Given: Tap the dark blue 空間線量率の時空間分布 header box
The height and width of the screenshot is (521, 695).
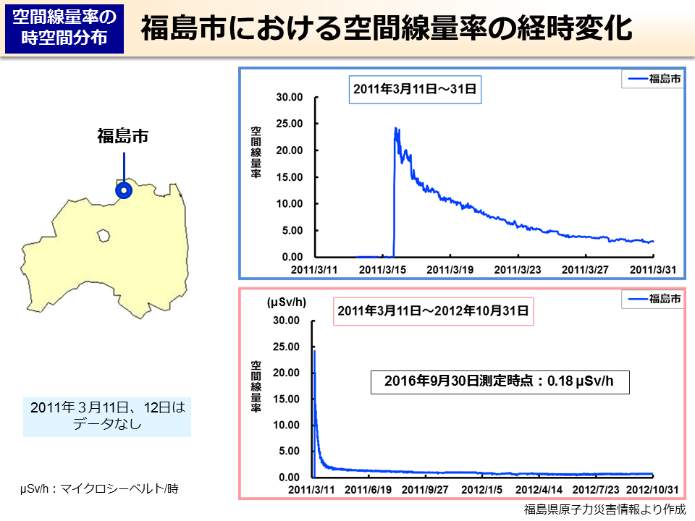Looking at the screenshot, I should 64,29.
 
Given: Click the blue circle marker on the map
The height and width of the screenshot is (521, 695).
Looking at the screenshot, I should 124,191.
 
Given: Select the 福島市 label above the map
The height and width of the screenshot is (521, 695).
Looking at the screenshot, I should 123,135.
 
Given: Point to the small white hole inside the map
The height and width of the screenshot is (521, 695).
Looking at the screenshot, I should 104,235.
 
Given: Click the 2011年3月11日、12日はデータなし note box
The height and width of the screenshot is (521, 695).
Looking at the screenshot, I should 107,416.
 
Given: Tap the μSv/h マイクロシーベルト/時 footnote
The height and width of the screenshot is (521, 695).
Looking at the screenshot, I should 99,489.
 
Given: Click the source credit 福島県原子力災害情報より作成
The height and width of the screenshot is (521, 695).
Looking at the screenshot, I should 605,509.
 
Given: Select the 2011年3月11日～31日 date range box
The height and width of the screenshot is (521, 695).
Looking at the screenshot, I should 415,90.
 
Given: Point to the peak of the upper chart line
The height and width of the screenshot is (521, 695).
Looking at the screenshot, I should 396,129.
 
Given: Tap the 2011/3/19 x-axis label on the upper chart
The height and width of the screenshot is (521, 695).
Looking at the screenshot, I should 450,269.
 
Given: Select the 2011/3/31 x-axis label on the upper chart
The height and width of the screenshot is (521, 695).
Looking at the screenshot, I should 652,269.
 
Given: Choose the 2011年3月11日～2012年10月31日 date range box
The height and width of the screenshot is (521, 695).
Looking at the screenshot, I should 433,312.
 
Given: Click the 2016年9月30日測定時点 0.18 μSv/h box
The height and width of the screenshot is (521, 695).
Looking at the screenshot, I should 500,381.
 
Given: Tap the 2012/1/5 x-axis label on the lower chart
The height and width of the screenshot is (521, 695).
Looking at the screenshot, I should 483,490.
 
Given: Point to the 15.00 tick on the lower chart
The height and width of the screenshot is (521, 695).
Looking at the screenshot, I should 287,399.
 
